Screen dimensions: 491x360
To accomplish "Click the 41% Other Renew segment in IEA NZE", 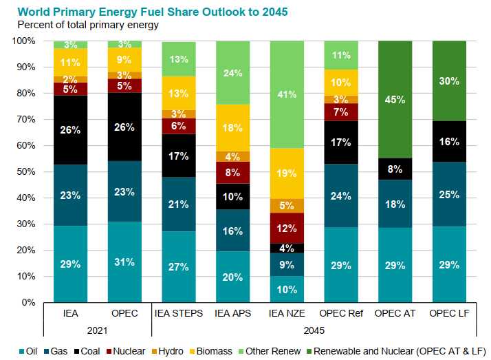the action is (287, 94).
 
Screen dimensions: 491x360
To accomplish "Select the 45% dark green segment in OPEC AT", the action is (395, 100).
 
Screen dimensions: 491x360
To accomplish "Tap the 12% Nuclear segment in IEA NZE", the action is (287, 228).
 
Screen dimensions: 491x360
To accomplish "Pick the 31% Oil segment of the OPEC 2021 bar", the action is (124, 262).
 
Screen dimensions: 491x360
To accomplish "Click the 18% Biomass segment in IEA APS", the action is (232, 128).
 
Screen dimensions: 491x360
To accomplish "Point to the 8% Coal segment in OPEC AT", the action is (395, 169).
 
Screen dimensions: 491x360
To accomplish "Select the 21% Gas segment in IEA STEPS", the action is (179, 204).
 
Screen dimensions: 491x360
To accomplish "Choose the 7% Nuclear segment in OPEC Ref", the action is (341, 112).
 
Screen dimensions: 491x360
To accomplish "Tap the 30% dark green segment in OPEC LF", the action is (449, 81).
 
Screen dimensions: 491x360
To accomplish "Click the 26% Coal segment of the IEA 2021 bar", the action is (70, 130).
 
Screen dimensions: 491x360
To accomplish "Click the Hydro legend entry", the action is (168, 351).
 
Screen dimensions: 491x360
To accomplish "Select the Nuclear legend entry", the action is (126, 351).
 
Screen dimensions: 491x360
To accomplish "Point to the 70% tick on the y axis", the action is (26, 119).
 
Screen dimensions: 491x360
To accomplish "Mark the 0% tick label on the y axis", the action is (28, 302).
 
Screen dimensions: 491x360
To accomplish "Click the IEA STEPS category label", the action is (179, 313).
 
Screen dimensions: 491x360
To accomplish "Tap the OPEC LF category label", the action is (449, 313).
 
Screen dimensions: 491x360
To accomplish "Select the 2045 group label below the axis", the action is (314, 330).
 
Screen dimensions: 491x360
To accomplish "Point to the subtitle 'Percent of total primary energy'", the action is (88, 25).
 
